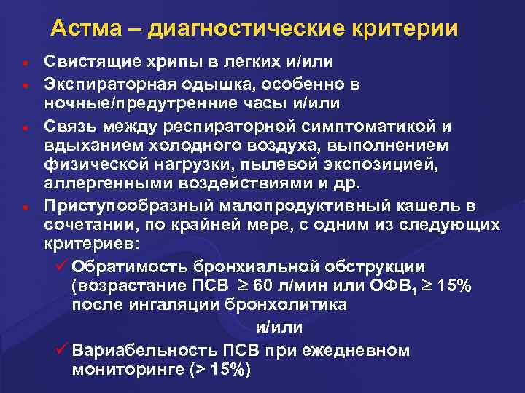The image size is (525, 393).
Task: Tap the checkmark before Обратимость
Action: point(61,265)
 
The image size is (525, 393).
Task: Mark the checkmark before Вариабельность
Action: point(61,350)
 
